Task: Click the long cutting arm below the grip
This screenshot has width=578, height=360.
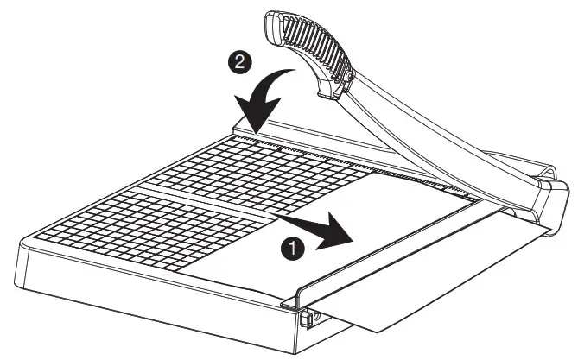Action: pyautogui.click(x=432, y=129)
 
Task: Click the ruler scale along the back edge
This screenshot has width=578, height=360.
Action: pyautogui.click(x=346, y=160)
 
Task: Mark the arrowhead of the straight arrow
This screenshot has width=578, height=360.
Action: pyautogui.click(x=350, y=234)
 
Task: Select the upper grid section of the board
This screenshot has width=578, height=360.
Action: pyautogui.click(x=259, y=173)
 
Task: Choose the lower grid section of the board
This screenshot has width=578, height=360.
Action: pyautogui.click(x=147, y=233)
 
